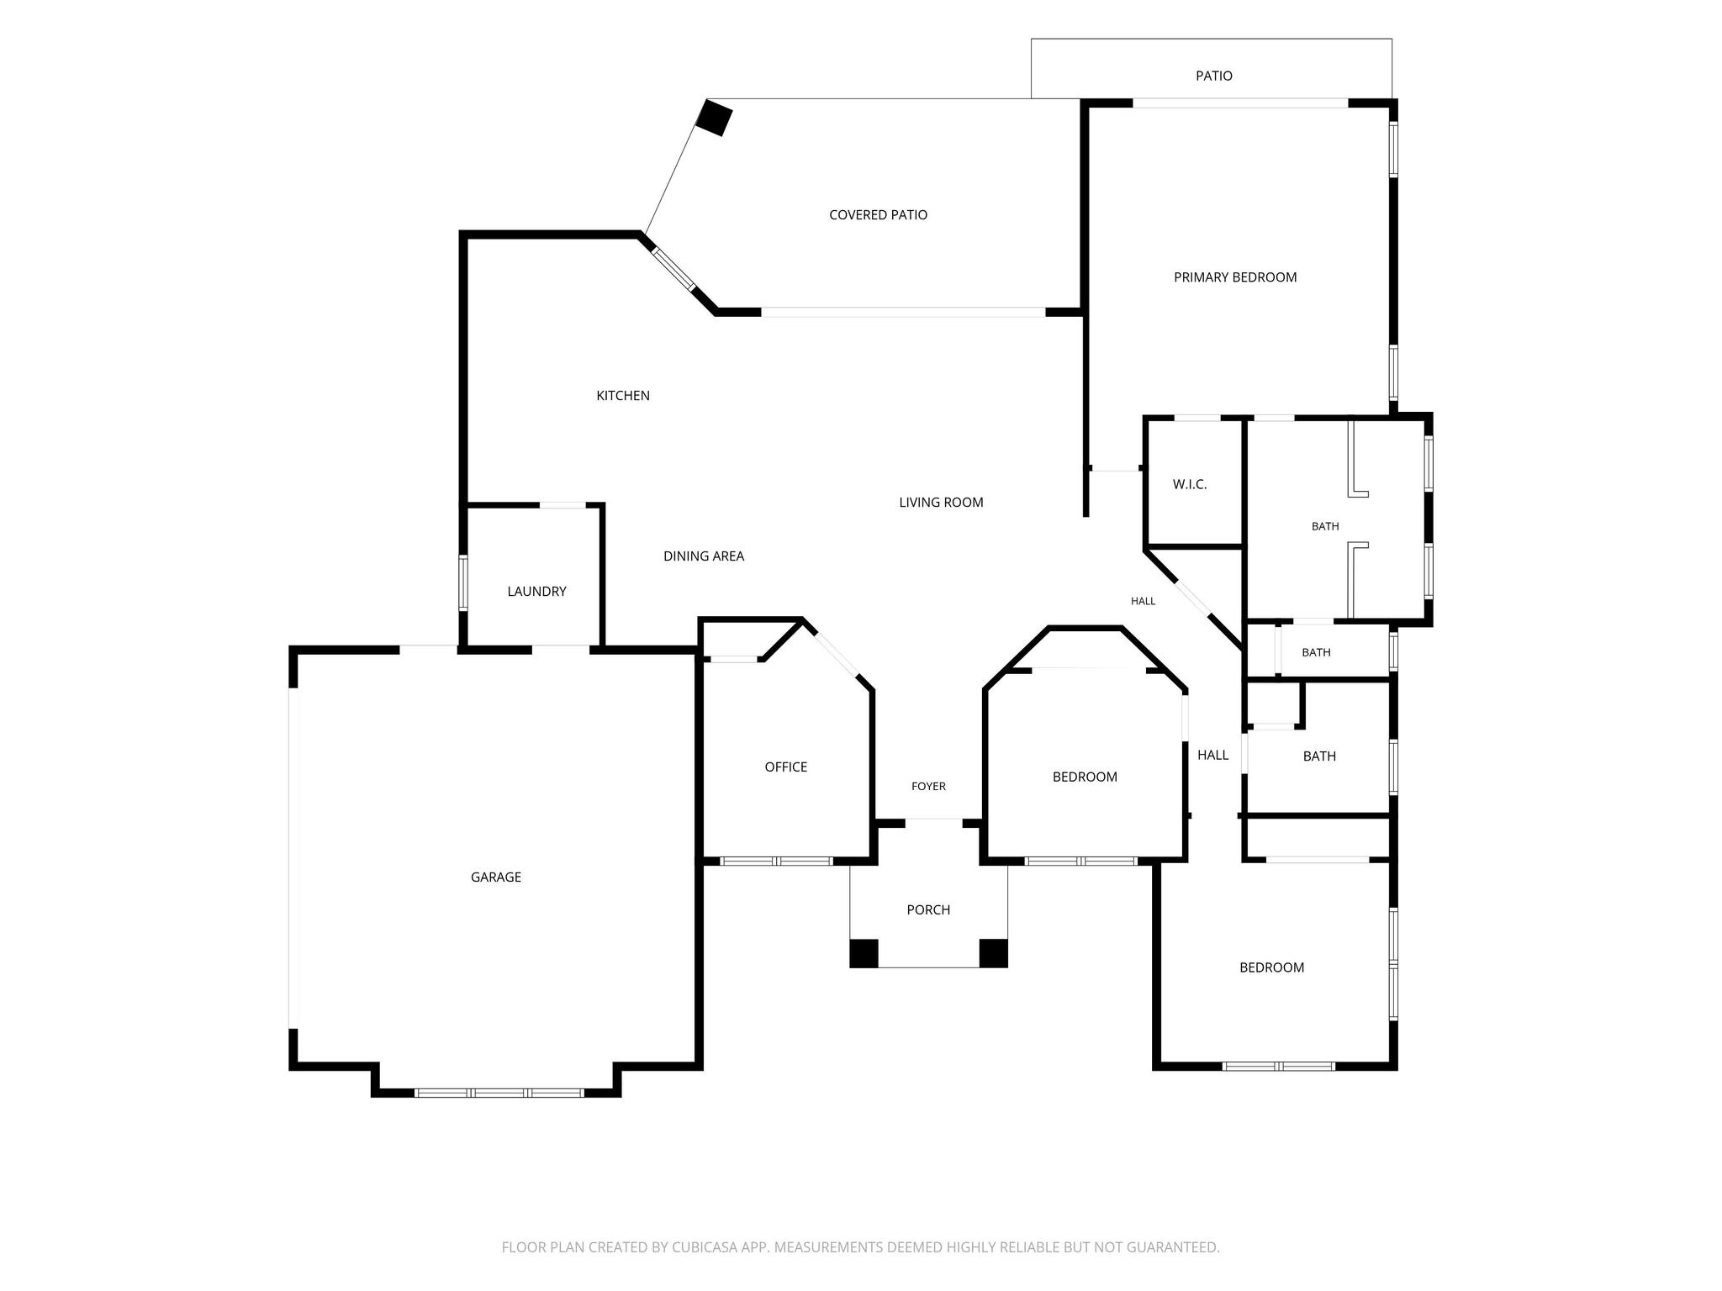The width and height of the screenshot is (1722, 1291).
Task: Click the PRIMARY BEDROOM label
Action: coord(1235,277)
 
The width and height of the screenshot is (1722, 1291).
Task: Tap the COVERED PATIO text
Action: coord(878,215)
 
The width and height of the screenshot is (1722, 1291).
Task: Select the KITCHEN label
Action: coord(623,396)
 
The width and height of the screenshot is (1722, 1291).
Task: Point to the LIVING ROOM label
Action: coord(941,503)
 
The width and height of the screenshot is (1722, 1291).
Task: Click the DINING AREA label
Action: coord(704,556)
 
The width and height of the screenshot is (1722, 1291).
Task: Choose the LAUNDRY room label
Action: coord(536,592)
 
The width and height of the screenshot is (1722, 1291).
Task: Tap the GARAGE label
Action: coord(496,877)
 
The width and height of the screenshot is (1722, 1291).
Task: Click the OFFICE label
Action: coord(786,767)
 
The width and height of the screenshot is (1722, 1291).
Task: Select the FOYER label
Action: coord(928,787)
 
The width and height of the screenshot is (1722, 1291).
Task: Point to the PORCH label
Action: coord(928,910)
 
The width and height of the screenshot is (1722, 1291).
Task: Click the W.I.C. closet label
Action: coord(1190,485)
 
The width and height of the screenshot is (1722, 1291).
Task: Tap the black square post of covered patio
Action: coord(714,118)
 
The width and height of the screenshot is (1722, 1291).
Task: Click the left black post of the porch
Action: coord(864,953)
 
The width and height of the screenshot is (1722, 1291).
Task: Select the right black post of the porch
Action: coord(994,953)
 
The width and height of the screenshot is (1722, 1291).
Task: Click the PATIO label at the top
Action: coord(1214,76)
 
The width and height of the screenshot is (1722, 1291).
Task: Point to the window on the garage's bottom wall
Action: coord(499,1093)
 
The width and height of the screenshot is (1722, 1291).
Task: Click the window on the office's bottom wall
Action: coord(777,861)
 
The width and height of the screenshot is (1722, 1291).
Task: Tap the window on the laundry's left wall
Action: coord(463,582)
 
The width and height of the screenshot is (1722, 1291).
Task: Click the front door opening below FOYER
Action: coord(933,820)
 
